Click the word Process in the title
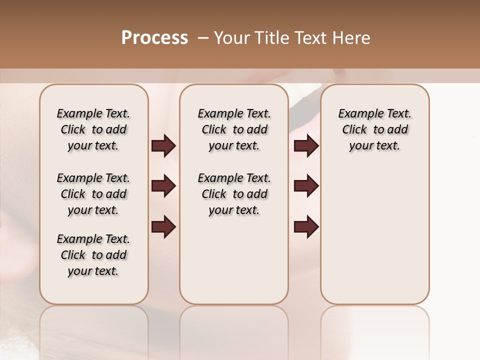click(154, 38)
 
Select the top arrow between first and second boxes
click(163, 146)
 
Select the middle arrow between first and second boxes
click(163, 186)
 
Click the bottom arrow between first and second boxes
click(163, 227)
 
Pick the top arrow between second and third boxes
click(306, 146)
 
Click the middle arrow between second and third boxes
click(306, 186)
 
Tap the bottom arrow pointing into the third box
click(306, 227)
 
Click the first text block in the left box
click(93, 129)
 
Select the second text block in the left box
click(93, 194)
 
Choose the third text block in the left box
click(93, 255)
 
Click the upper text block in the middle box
click(234, 129)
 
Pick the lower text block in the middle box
click(234, 194)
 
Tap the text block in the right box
click(374, 129)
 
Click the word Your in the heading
click(232, 38)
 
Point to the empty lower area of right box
click(374, 230)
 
